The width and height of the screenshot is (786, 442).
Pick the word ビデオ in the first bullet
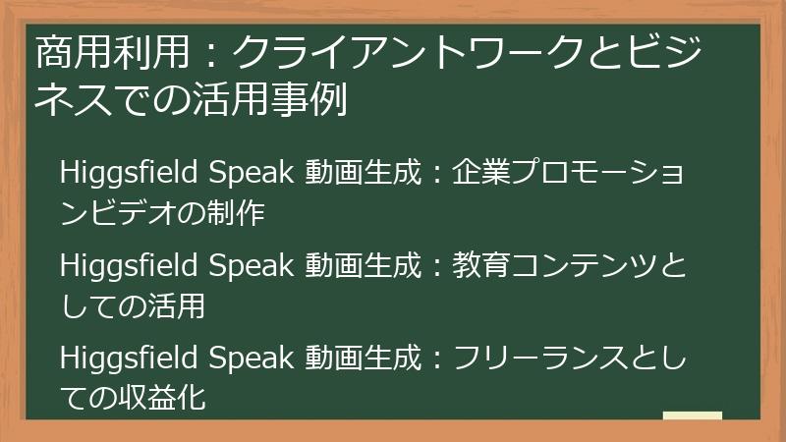123,213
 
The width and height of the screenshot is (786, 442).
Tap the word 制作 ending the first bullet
241,213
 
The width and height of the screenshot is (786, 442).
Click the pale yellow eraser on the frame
692,416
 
